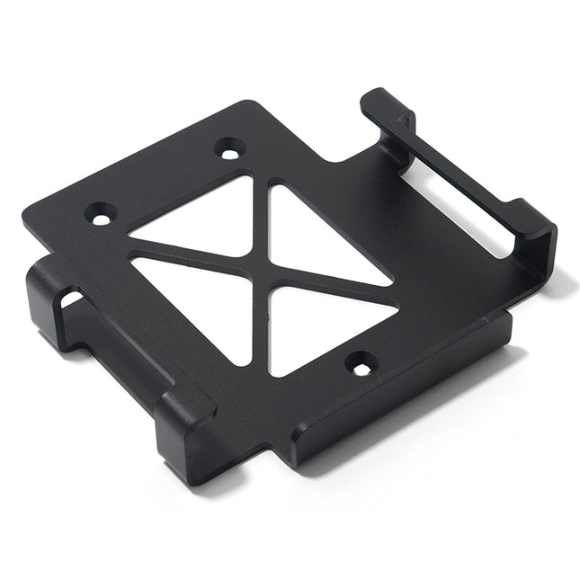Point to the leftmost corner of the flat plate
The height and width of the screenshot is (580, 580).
24,216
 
